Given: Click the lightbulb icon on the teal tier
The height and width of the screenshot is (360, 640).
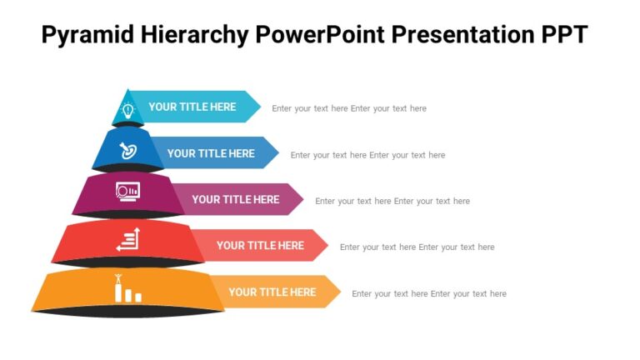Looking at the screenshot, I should pyautogui.click(x=128, y=109).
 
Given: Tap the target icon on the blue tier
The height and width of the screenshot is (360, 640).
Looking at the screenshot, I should pyautogui.click(x=128, y=152).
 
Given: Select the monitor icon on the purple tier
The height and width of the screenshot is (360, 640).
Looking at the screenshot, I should pyautogui.click(x=127, y=192).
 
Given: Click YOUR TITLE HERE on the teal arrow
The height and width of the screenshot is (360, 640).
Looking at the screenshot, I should pyautogui.click(x=192, y=107).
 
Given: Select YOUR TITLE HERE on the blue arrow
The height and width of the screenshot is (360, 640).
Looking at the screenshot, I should pyautogui.click(x=211, y=153).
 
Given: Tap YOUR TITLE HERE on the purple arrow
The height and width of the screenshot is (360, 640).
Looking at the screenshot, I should pyautogui.click(x=236, y=199).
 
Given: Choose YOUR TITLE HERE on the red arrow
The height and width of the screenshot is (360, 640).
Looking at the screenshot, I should pyautogui.click(x=260, y=245).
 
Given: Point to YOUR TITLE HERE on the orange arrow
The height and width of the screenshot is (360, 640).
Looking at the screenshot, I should pyautogui.click(x=272, y=292).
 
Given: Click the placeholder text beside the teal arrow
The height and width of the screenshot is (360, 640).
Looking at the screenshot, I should pyautogui.click(x=349, y=108).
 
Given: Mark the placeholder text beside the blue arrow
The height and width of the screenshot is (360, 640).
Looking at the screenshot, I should pyautogui.click(x=367, y=155).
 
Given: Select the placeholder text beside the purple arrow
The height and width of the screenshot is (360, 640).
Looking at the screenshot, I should pyautogui.click(x=392, y=201).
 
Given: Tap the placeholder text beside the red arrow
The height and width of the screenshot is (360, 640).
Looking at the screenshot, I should pyautogui.click(x=417, y=247).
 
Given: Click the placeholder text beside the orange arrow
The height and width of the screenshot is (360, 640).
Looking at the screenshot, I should pyautogui.click(x=429, y=293).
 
